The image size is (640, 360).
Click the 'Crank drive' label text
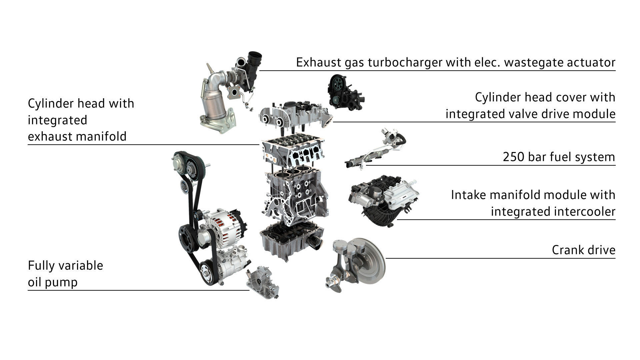(583, 250)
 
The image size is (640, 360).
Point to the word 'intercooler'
(553, 212)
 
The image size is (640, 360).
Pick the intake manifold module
(383, 200)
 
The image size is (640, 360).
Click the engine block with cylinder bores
(295, 195)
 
